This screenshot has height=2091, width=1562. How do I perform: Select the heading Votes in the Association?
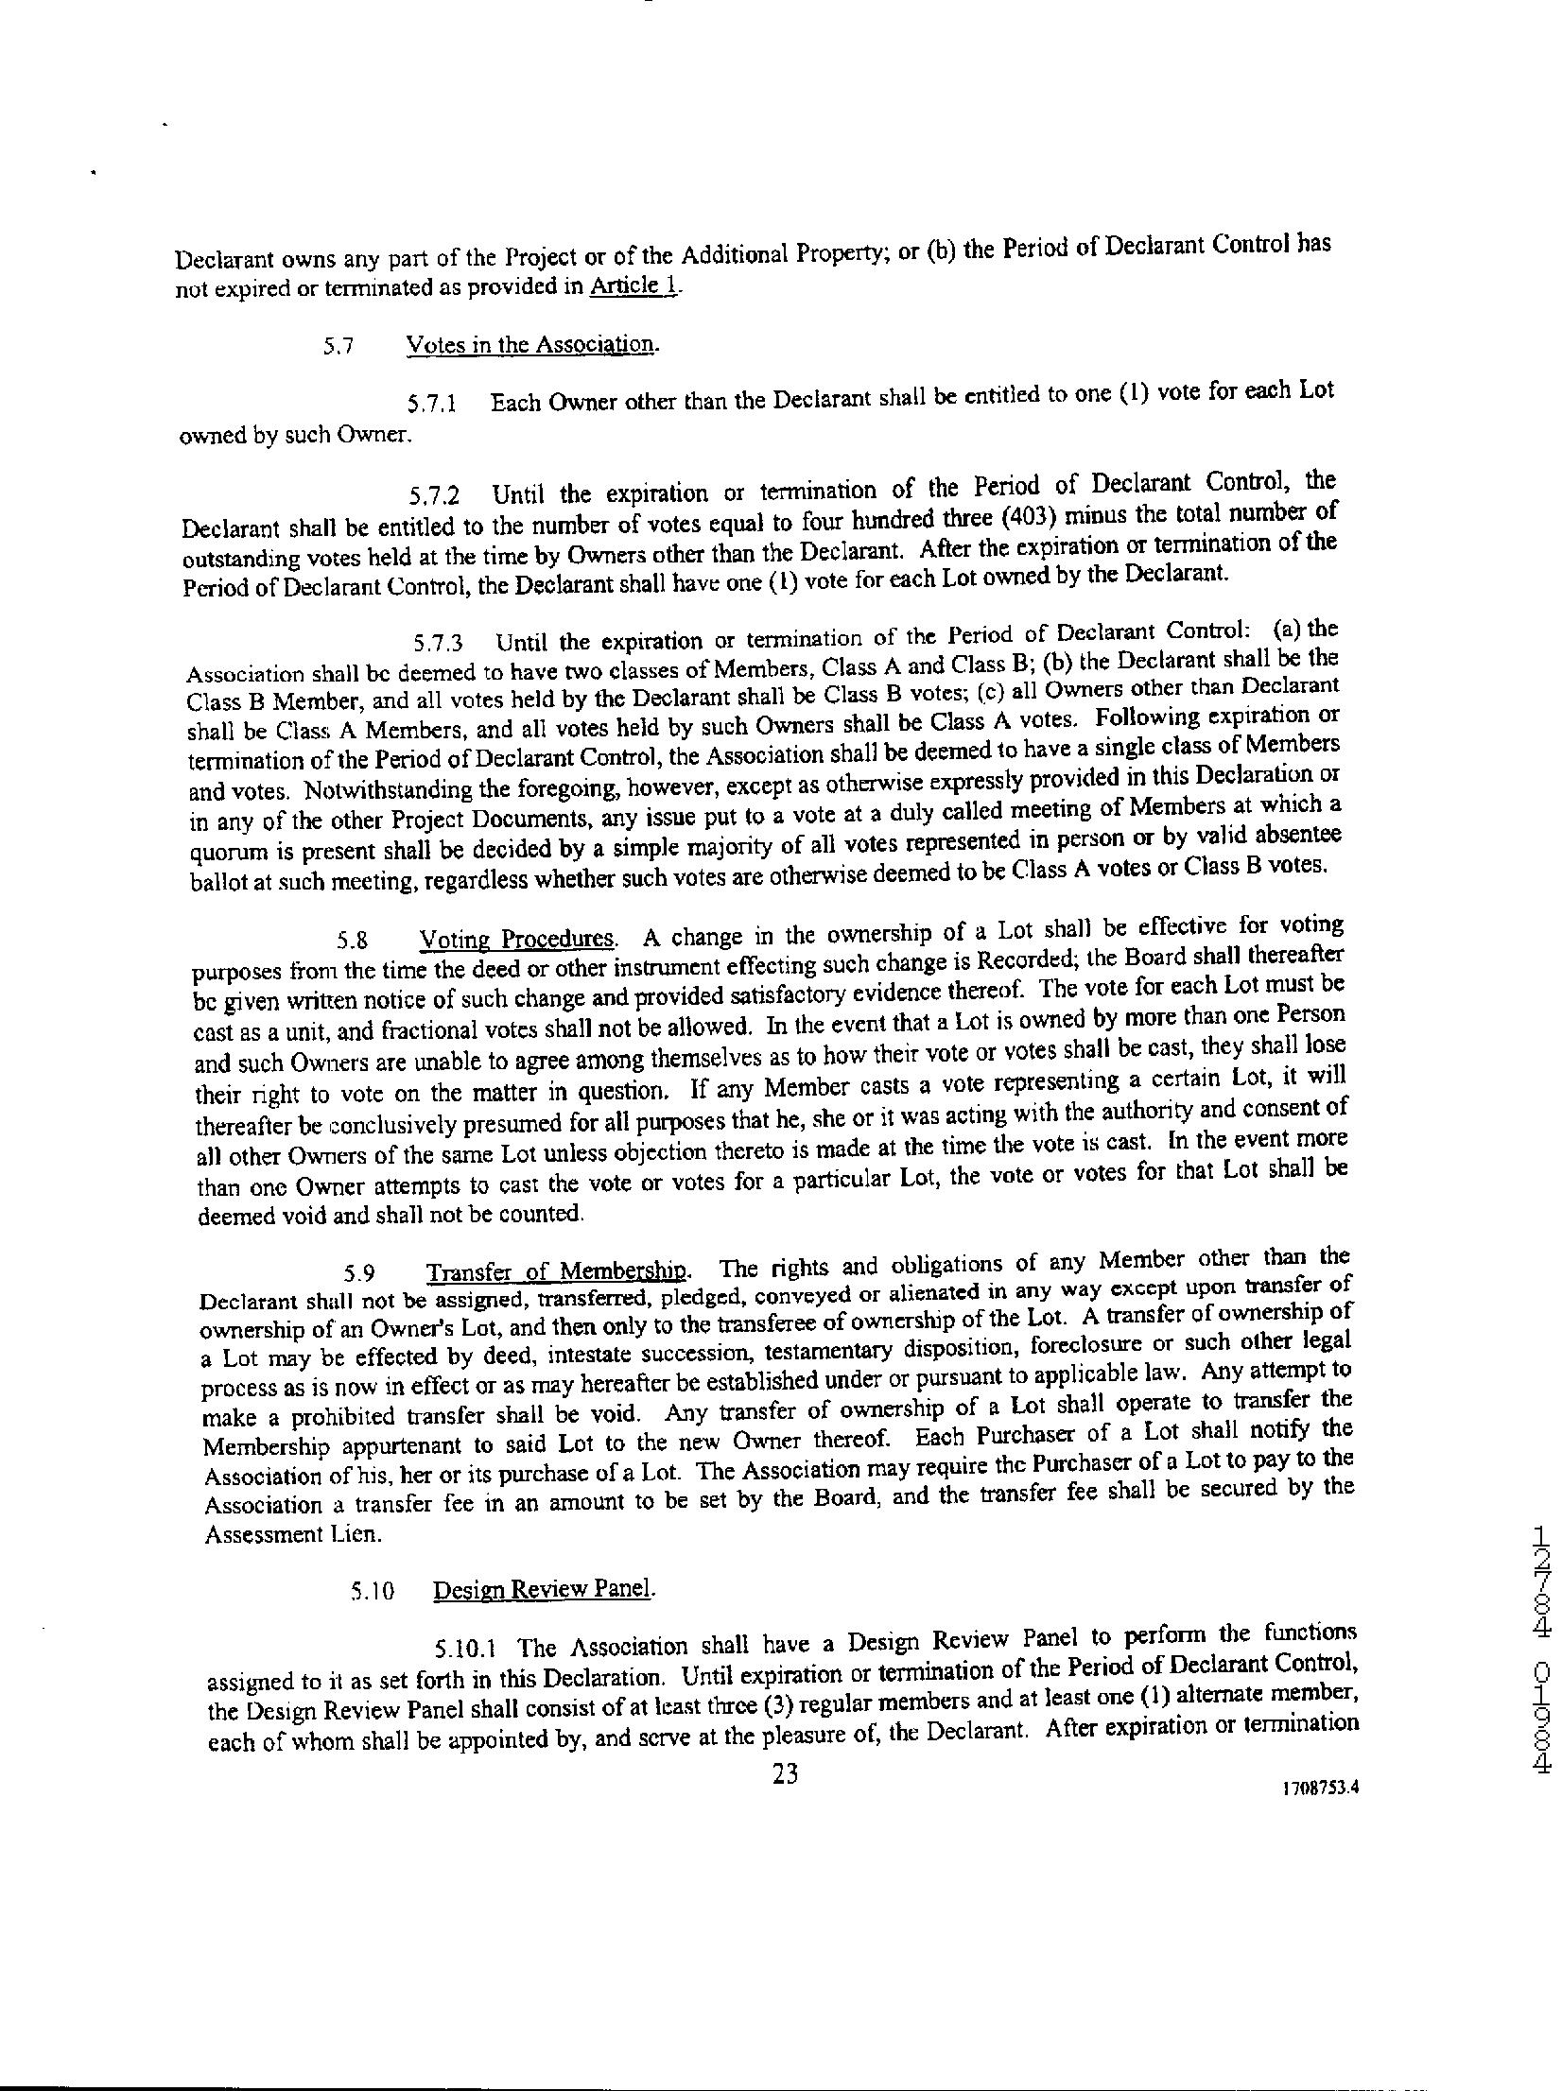pyautogui.click(x=532, y=344)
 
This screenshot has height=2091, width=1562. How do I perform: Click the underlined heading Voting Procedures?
pyautogui.click(x=518, y=939)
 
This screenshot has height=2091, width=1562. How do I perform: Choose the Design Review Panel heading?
pyautogui.click(x=544, y=1589)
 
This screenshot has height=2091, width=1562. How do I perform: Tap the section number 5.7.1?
pyautogui.click(x=433, y=405)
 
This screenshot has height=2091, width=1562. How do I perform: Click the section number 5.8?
pyautogui.click(x=353, y=941)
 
